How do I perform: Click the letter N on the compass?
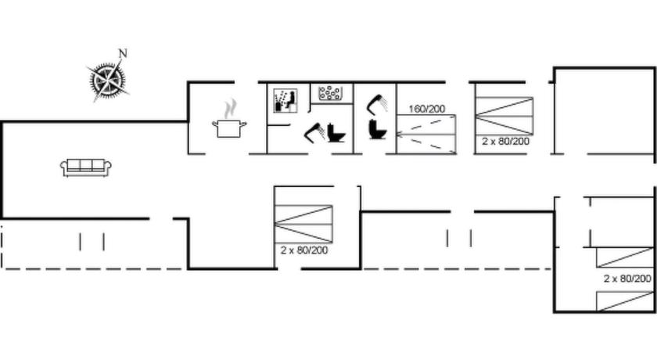123,53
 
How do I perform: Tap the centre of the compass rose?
107,79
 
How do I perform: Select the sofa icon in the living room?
86,167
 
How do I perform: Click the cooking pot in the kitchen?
229,128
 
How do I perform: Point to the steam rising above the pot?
229,109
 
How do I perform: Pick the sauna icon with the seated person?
285,101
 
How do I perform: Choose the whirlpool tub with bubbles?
330,93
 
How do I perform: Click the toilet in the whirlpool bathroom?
336,133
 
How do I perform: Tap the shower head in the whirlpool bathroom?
314,132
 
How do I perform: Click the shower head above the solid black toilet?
378,104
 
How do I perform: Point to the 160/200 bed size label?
426,109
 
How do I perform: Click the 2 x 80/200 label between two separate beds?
627,279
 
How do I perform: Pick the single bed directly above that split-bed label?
625,257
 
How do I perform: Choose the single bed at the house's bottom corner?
625,302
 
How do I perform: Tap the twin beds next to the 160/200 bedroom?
504,116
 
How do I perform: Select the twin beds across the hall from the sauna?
303,224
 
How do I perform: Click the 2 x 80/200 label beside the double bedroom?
505,141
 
